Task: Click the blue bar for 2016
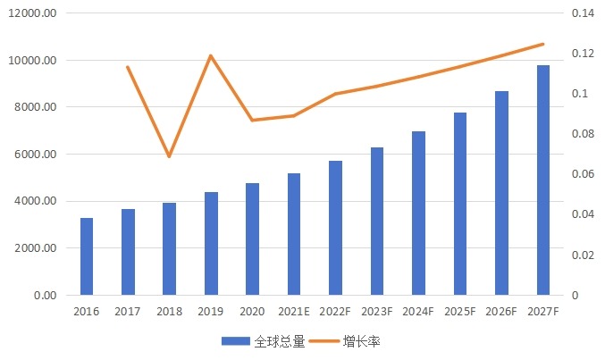(x=87, y=256)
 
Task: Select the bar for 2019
(x=211, y=244)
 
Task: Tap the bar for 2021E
(x=294, y=234)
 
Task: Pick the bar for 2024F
(x=419, y=213)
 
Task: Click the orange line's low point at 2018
(x=169, y=156)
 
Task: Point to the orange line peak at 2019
(x=211, y=55)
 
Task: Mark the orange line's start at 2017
(x=128, y=67)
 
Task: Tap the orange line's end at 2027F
(x=543, y=44)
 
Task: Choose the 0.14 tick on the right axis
(x=583, y=13)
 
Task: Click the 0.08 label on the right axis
(x=583, y=134)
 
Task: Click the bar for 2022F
(x=336, y=228)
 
